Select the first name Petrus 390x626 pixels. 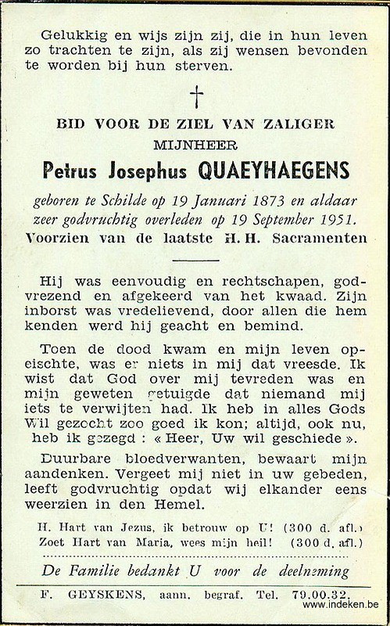(89, 170)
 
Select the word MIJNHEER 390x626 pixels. (195, 144)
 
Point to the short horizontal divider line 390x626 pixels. (195, 259)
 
